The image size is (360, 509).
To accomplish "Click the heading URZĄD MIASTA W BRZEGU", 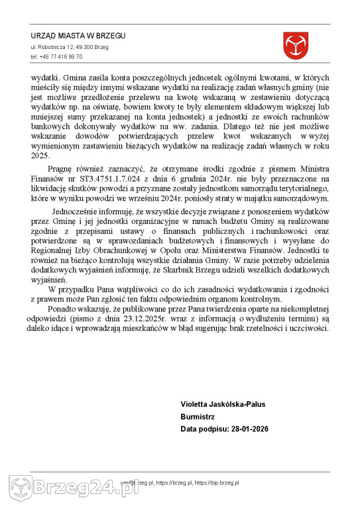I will click(x=78, y=36).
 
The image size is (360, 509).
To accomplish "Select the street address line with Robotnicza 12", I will click(x=69, y=48).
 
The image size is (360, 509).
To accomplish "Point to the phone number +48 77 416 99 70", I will click(x=56, y=57).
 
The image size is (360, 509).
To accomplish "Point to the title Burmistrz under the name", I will click(x=197, y=417).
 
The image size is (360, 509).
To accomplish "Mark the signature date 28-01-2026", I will click(x=247, y=429).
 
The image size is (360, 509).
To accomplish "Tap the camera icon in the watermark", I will click(x=21, y=489).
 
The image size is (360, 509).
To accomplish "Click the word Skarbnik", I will click(x=213, y=269).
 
